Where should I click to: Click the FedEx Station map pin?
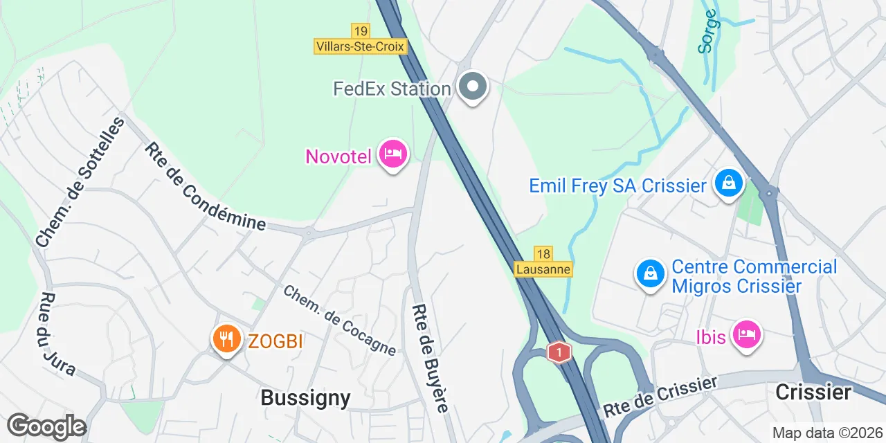click(x=473, y=88)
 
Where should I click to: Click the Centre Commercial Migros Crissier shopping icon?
click(x=651, y=274)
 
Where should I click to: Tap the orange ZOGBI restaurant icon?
click(x=226, y=339)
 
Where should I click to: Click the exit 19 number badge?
click(x=360, y=31)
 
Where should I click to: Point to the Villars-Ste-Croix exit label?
click(x=360, y=46)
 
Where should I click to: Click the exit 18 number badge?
click(x=543, y=254)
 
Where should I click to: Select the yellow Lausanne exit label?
click(x=543, y=269)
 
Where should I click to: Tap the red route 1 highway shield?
click(x=559, y=352)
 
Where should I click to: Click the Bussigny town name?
click(x=305, y=397)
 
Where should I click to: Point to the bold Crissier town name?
click(x=813, y=392)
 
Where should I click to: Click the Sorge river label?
click(x=708, y=30)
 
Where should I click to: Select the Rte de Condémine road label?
click(x=205, y=186)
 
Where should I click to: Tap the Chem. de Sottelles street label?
click(x=80, y=182)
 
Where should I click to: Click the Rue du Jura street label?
click(x=57, y=334)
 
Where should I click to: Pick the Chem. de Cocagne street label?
click(x=339, y=320)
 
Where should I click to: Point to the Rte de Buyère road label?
click(x=430, y=358)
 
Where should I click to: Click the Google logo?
click(x=46, y=426)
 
